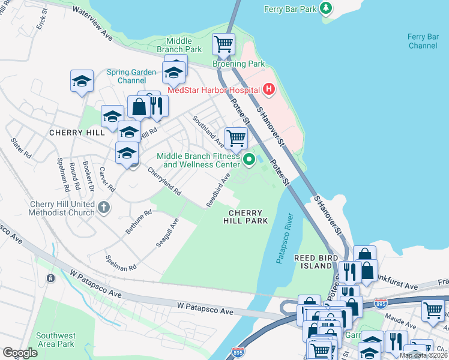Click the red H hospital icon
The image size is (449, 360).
point(269,91)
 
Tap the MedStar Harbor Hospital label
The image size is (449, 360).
point(213,91)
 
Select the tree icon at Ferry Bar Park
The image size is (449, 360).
point(325,8)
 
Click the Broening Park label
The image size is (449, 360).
point(238,64)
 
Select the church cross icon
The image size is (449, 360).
point(104,208)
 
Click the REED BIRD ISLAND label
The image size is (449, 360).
point(313,262)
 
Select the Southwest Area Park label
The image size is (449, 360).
point(55,339)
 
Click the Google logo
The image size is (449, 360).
point(20,353)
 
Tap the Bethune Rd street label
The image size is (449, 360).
point(139,221)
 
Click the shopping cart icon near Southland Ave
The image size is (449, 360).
point(237,139)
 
